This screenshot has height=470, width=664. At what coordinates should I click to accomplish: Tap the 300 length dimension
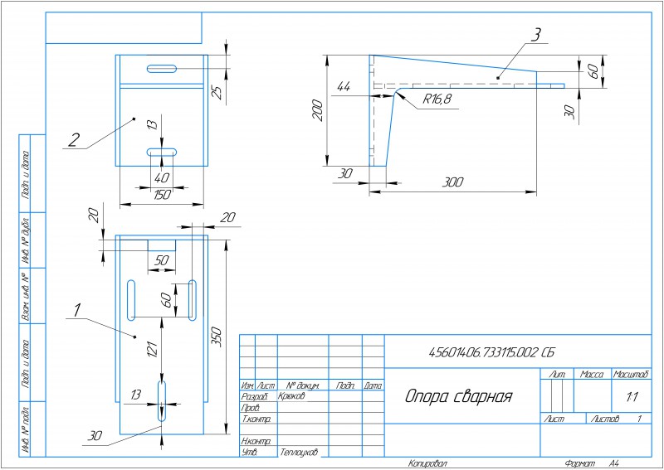click(x=452, y=182)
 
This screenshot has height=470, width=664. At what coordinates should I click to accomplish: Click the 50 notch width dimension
click(x=162, y=259)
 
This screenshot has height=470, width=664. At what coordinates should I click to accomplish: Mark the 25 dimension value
click(x=217, y=91)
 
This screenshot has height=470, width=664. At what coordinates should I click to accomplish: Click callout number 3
click(x=536, y=35)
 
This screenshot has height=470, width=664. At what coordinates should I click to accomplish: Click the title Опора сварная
click(x=459, y=396)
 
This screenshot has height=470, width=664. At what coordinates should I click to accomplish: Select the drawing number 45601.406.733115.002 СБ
click(x=491, y=352)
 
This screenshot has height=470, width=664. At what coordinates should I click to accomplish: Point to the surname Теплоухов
click(x=300, y=453)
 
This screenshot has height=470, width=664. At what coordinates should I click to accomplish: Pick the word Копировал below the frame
click(x=427, y=463)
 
